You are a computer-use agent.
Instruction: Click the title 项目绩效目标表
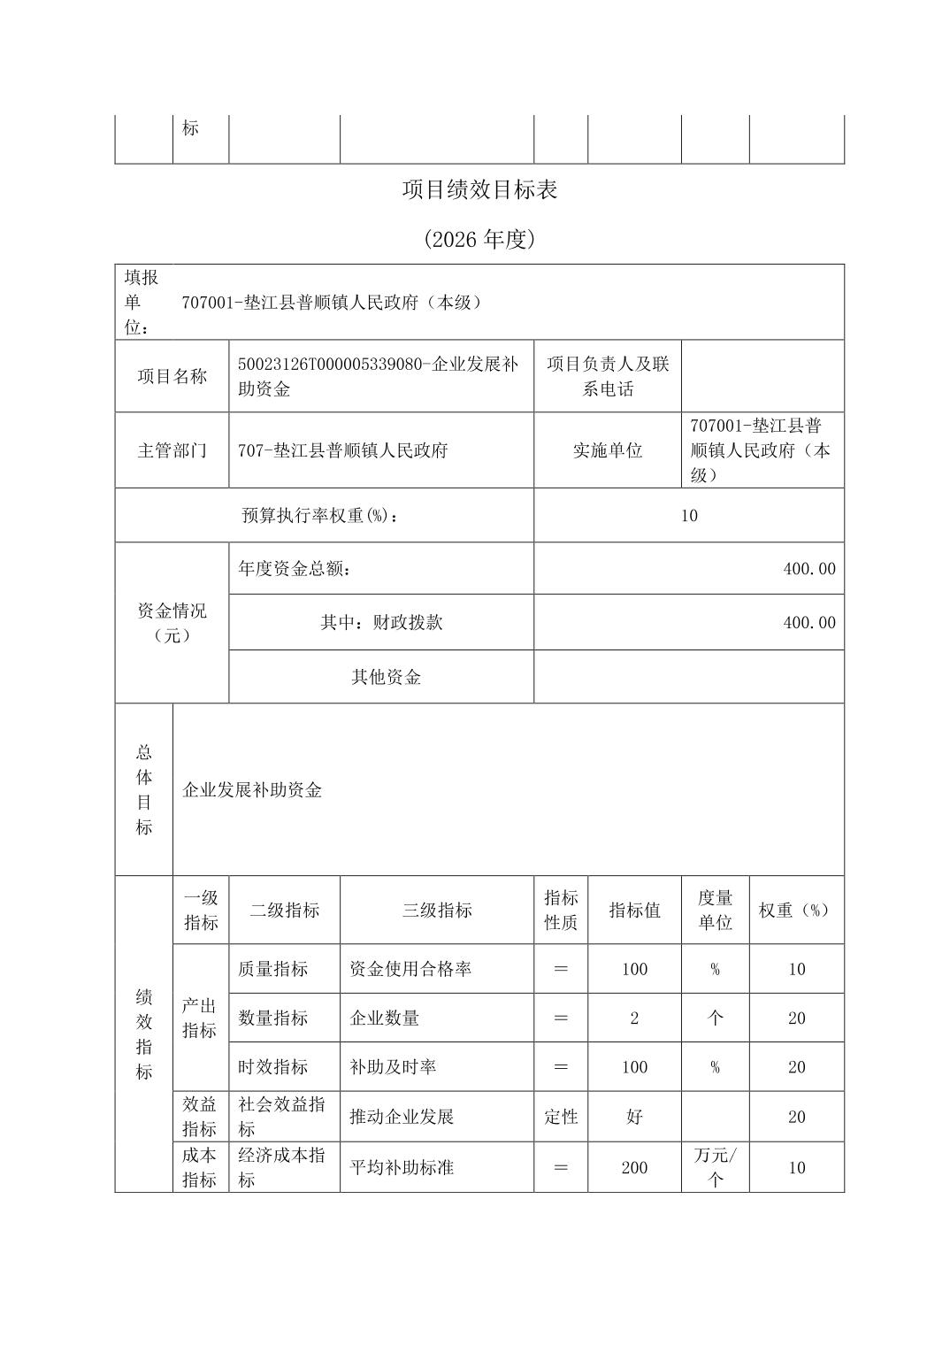point(479,189)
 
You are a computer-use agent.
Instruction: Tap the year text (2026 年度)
point(479,239)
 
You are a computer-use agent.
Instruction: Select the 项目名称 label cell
point(172,376)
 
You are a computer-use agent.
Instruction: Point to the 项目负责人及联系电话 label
point(608,376)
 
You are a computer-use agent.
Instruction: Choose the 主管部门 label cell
point(172,450)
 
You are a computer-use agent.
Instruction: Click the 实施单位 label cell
point(608,450)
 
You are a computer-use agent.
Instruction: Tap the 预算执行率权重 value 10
point(689,516)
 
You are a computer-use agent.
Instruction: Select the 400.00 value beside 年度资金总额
point(808,569)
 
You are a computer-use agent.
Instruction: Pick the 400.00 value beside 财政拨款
point(808,623)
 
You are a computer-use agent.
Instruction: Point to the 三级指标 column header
point(437,911)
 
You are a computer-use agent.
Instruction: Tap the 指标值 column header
point(634,911)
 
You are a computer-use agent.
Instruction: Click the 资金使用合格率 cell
point(410,969)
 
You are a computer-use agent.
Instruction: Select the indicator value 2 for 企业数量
point(634,1018)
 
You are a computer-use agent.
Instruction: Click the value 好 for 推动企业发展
point(634,1117)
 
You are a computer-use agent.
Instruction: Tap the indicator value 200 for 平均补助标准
point(634,1168)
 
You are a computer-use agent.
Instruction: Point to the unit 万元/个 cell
point(715,1167)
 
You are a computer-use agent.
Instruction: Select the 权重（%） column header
point(796,911)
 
